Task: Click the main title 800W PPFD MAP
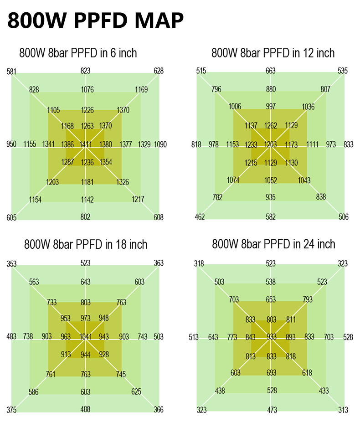[x=96, y=21]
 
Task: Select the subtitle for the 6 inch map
[x=78, y=53]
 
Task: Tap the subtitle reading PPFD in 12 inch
[x=273, y=53]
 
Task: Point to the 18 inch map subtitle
[x=86, y=244]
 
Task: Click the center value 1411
[x=86, y=144]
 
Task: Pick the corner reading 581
[x=11, y=71]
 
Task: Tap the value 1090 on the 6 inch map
[x=160, y=144]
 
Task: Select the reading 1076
[x=87, y=90]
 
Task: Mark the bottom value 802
[x=85, y=217]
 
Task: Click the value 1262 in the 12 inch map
[x=271, y=126]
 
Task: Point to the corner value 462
[x=200, y=217]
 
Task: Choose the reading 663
[x=271, y=71]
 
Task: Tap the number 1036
[x=308, y=107]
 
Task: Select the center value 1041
[x=86, y=337]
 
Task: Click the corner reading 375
[x=11, y=410]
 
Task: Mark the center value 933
[x=272, y=337]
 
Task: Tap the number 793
[x=308, y=299]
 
